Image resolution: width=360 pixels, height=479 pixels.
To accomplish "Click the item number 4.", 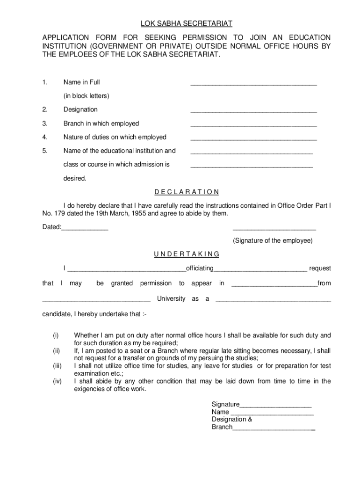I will [x=44, y=137].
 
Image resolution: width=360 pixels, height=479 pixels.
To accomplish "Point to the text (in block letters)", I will [x=86, y=96].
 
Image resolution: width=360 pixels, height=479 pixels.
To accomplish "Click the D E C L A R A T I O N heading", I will [x=186, y=192].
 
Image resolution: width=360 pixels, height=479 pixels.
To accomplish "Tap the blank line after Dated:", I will [x=85, y=229].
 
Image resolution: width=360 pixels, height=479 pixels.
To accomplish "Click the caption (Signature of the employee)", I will [x=273, y=240].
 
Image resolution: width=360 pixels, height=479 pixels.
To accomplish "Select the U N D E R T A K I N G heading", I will [x=186, y=254].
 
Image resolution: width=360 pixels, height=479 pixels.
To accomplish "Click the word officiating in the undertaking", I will [x=200, y=268].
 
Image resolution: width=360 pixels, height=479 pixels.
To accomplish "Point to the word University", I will [x=171, y=298].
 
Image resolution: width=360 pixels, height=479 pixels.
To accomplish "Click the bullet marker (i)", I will [x=56, y=335].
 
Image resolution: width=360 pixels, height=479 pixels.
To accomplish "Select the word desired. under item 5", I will [x=75, y=178].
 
